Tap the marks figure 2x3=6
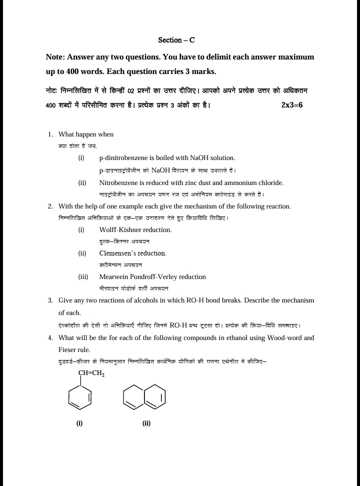[292, 105]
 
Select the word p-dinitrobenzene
[123, 158]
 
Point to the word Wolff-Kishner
[120, 230]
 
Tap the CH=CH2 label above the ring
[91, 373]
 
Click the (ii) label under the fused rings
[146, 423]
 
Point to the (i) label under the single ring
[79, 423]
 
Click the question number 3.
[50, 300]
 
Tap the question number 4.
[50, 338]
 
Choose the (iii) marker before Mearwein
[83, 277]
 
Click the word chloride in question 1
[271, 182]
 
